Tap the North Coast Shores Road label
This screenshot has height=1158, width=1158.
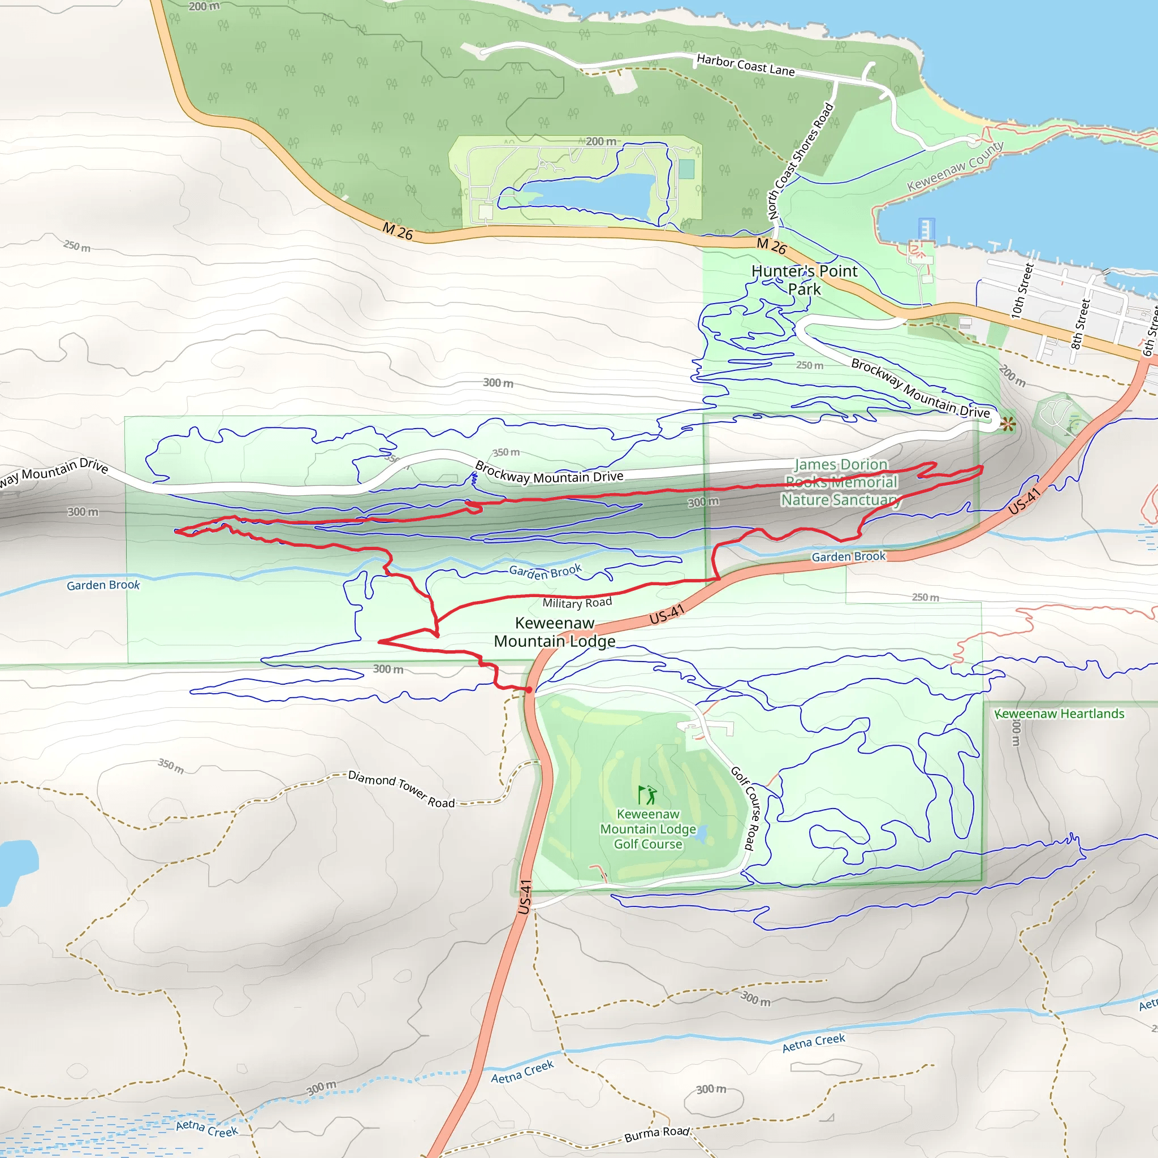tap(801, 161)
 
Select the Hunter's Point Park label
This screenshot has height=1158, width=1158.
tap(804, 280)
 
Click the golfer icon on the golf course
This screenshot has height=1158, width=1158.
tap(647, 796)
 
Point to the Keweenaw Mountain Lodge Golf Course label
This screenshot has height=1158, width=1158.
tap(648, 829)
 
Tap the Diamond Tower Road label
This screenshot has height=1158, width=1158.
tap(401, 789)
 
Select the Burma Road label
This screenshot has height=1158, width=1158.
tap(657, 1134)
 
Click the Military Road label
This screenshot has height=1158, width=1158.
tap(577, 602)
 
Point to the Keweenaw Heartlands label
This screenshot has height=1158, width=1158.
tap(1059, 713)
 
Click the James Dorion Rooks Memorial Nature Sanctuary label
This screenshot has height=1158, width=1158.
tap(841, 482)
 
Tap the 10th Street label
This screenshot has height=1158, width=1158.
tap(1022, 291)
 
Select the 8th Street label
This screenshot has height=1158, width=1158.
tap(1080, 323)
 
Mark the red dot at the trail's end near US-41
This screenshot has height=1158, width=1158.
tap(529, 690)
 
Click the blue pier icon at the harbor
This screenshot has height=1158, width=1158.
tap(926, 228)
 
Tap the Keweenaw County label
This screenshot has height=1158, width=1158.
tap(955, 166)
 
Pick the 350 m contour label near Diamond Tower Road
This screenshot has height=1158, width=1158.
tap(171, 766)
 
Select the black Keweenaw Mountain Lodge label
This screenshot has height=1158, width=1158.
tap(555, 632)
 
